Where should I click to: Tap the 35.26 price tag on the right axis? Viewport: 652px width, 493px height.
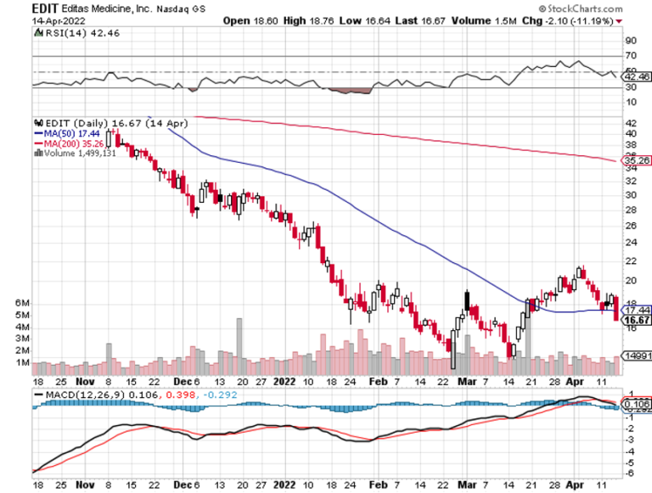click(x=636, y=160)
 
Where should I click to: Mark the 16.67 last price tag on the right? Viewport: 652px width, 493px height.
click(x=636, y=321)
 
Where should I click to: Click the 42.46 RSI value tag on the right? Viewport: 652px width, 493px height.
click(x=636, y=76)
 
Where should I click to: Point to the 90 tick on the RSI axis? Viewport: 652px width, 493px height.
click(x=632, y=40)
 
